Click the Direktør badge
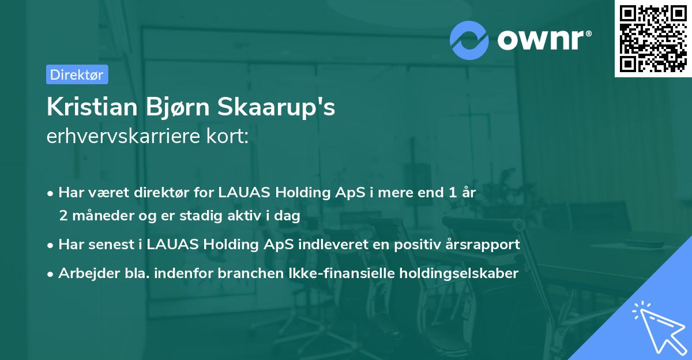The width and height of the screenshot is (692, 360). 77,74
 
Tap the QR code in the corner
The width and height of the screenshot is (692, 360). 653,39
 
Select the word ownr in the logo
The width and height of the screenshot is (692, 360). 542,40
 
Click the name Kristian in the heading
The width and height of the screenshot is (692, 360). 89,108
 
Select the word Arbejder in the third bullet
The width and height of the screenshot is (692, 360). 85,273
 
